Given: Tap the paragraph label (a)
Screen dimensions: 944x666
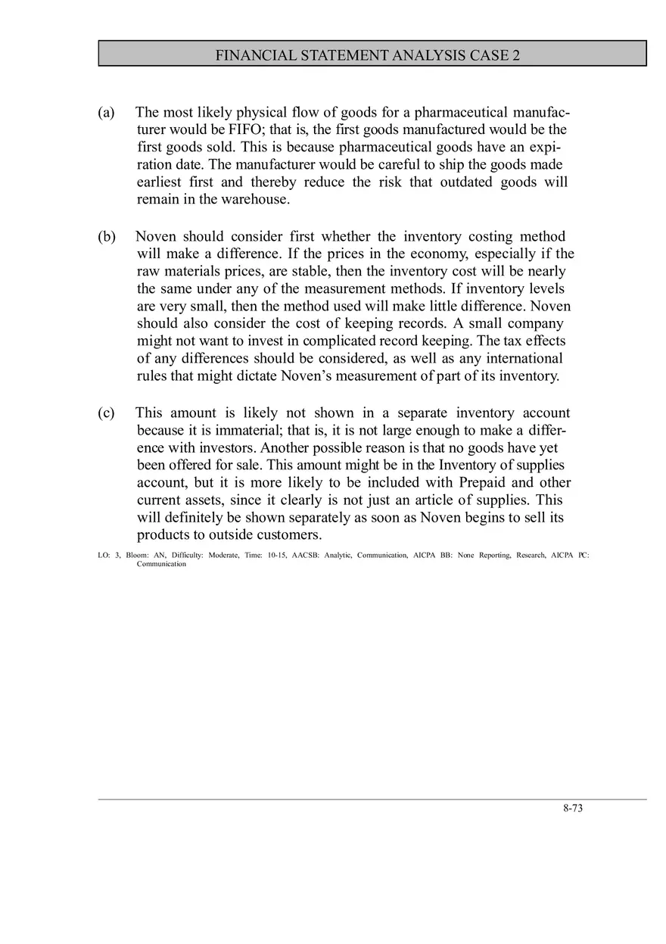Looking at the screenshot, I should [x=106, y=112].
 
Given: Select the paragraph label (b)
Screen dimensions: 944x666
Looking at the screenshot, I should [x=106, y=236].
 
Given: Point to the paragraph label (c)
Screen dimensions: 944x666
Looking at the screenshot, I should [x=106, y=413].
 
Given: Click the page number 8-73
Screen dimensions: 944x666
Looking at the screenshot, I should [x=573, y=808].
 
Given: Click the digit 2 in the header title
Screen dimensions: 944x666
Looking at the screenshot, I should [x=515, y=55].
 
